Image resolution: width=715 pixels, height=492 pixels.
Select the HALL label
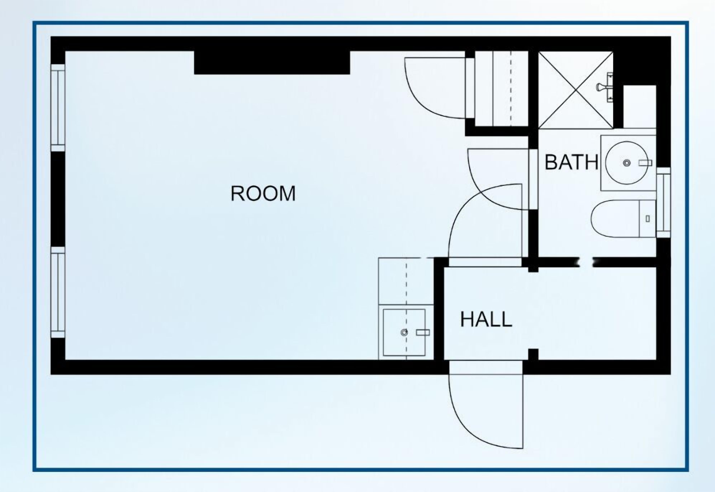point(486,319)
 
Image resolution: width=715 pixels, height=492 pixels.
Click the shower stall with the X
point(576,90)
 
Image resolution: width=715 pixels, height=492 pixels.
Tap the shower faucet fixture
point(605,87)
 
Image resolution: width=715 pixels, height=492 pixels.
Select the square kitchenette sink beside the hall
point(404,332)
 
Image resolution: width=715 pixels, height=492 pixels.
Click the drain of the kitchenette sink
point(404,332)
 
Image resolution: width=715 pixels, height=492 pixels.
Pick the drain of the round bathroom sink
point(627,163)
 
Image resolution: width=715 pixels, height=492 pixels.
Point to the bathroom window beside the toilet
point(663,203)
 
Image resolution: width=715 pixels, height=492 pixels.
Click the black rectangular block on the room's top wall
point(272,63)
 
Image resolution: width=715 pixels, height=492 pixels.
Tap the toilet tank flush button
point(648,219)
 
